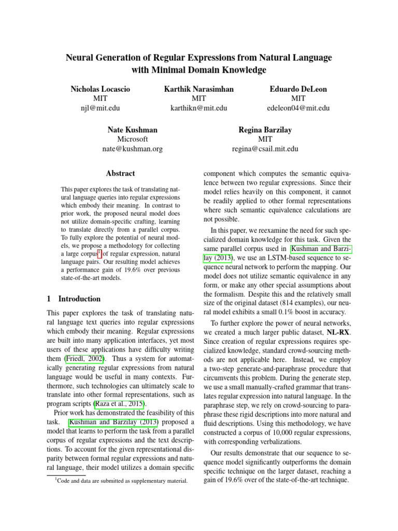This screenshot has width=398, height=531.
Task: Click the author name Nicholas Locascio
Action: point(100,89)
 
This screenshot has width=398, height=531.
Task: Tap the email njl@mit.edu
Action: point(100,108)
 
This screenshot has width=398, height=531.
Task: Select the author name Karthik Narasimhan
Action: point(198,89)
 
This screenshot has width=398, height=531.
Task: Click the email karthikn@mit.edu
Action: point(198,108)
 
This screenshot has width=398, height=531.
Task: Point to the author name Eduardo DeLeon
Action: point(298,89)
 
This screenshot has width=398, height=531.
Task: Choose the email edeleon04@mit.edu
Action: point(298,108)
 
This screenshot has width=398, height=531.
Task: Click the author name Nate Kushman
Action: point(132,130)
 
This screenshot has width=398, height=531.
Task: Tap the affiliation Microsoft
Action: point(132,139)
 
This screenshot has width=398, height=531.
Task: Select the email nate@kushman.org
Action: point(132,149)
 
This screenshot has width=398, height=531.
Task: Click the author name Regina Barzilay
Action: point(265,130)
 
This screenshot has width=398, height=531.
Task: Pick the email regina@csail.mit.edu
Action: point(265,149)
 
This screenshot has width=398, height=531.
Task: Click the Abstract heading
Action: point(120,174)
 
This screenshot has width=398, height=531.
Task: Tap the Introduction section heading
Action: point(79,299)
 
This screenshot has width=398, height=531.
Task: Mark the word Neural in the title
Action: point(81,57)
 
